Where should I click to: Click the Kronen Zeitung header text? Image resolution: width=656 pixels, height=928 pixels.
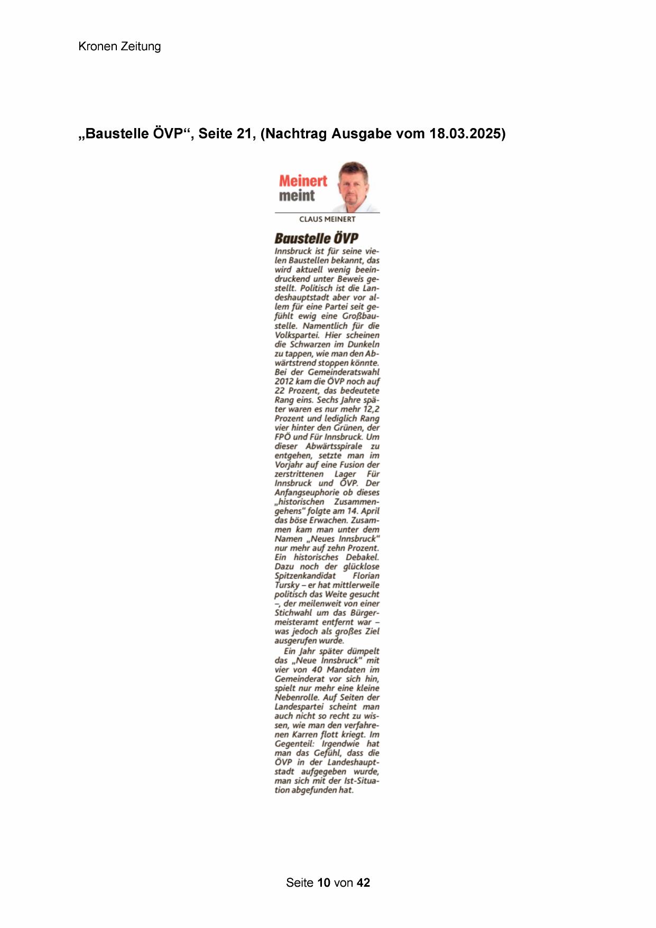[119, 47]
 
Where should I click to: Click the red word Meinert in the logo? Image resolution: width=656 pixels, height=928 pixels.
[303, 181]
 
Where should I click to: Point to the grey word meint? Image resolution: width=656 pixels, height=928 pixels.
[297, 196]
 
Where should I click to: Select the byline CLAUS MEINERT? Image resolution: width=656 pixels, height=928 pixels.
[327, 219]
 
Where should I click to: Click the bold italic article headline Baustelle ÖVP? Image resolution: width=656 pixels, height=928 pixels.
[316, 238]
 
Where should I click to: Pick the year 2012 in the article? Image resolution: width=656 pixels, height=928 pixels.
[284, 381]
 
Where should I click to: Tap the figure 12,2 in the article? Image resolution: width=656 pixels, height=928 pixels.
[370, 409]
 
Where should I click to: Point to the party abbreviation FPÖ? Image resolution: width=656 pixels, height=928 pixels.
[282, 437]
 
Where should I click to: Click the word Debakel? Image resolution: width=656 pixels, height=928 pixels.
[362, 557]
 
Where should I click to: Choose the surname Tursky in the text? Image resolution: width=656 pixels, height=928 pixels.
[287, 585]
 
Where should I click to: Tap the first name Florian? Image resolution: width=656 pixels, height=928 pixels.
[366, 576]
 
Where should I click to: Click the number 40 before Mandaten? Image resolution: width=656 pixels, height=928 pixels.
[317, 670]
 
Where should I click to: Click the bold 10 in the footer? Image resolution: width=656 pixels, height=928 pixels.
[324, 882]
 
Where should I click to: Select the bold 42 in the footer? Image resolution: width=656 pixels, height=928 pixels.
[363, 882]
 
